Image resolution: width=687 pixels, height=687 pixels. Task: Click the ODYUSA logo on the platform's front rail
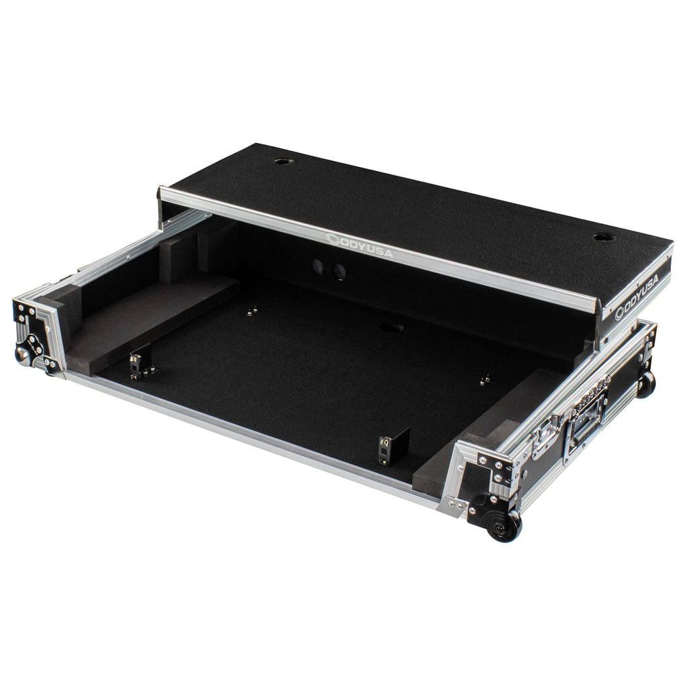click(x=360, y=246)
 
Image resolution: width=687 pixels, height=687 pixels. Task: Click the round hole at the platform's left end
click(x=283, y=161)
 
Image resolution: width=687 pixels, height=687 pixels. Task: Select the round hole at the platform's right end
click(x=604, y=237)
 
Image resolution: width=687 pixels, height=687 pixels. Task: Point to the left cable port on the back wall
click(x=317, y=265)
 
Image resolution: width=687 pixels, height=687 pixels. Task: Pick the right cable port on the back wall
click(x=339, y=271)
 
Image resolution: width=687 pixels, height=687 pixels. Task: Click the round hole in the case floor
click(x=391, y=327)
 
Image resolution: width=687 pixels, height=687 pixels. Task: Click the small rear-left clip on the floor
click(x=252, y=311)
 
